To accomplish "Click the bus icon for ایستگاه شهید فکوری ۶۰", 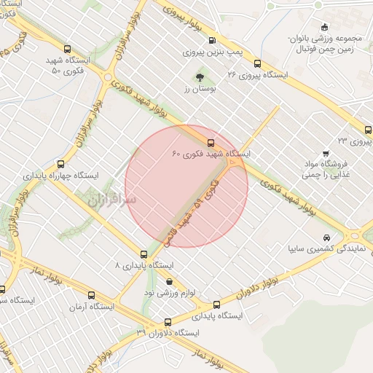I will coord(211,143).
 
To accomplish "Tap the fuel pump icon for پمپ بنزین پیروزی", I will coord(212,41).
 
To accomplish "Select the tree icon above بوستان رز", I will coord(199,75).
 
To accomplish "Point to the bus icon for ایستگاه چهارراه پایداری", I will coord(60,164).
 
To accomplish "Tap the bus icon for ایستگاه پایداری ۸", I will coord(143,255).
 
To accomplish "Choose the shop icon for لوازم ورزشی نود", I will coord(170,281).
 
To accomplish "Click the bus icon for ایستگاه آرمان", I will coord(91,295).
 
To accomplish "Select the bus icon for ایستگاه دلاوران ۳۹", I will coord(168,321).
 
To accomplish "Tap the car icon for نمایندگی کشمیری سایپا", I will coord(326,237).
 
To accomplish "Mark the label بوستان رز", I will coord(197,87).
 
